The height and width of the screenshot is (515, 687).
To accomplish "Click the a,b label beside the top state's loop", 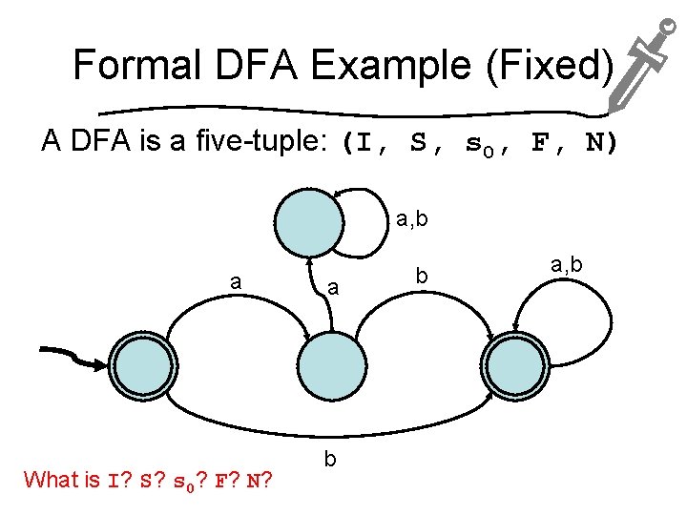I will [411, 221].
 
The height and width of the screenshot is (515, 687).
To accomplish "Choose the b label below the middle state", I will [330, 460].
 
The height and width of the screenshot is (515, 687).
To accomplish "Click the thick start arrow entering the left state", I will [76, 360].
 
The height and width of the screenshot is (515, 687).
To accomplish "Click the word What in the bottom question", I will [53, 480].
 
